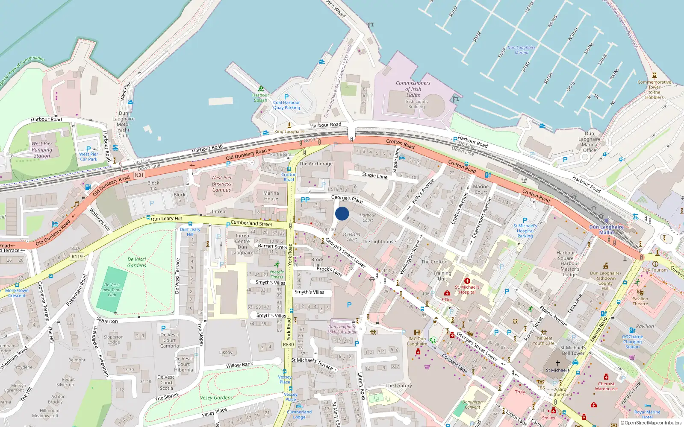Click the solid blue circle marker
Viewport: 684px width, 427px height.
click(342, 213)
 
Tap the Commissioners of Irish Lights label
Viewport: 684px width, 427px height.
click(413, 89)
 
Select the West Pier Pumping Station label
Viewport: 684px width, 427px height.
click(42, 149)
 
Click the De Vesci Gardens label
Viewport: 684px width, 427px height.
click(137, 262)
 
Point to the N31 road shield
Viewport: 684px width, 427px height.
click(139, 175)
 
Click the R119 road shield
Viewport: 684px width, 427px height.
click(77, 257)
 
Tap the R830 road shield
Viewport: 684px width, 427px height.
click(289, 345)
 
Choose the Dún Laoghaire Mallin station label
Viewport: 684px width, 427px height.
click(606, 230)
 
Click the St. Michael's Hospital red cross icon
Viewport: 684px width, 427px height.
click(467, 281)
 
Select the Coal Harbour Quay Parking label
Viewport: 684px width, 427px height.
click(286, 105)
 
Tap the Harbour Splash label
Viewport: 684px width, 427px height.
click(260, 98)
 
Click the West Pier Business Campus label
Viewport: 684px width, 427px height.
click(221, 184)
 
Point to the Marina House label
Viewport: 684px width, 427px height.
click(271, 196)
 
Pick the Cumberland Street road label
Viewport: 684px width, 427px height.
click(251, 223)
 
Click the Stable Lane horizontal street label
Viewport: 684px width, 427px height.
click(374, 175)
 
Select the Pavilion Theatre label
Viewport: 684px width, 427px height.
click(640, 301)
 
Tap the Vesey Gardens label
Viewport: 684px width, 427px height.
click(216, 398)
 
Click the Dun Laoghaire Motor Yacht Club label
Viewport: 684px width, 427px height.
click(124, 124)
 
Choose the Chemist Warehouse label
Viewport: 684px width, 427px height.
click(606, 386)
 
